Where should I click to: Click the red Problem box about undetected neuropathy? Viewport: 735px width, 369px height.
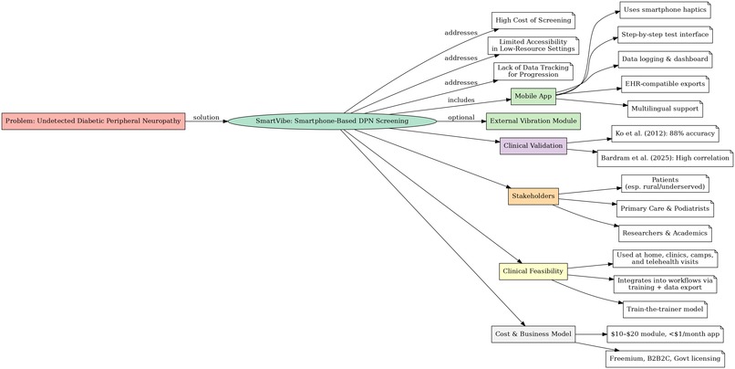(x=93, y=121)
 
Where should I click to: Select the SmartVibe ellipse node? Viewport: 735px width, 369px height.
(x=332, y=121)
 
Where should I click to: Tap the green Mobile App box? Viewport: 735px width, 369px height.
(x=533, y=97)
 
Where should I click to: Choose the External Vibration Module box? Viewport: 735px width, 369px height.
(x=533, y=121)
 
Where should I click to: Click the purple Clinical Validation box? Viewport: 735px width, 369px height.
(x=533, y=145)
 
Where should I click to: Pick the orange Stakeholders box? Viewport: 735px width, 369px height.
(x=533, y=196)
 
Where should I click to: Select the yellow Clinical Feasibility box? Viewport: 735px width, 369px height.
(x=533, y=271)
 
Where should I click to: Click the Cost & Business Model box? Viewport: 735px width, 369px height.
(x=533, y=334)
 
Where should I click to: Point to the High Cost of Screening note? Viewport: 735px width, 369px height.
(x=533, y=21)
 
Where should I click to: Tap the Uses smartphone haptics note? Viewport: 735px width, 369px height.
(x=665, y=10)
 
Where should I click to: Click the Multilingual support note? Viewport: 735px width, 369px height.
(x=665, y=109)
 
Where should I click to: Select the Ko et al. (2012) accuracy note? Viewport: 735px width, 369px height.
(x=665, y=133)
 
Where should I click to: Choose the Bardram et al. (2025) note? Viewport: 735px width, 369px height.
(x=665, y=158)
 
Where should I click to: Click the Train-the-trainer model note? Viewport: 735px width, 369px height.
(x=665, y=310)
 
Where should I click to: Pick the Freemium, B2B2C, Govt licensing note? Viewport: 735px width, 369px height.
(x=665, y=359)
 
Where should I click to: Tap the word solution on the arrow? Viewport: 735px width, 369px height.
(x=206, y=117)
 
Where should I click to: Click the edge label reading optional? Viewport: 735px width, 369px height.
(x=461, y=117)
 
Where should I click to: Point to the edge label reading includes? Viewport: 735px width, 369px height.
(x=461, y=100)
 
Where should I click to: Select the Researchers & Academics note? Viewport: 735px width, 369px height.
(x=665, y=233)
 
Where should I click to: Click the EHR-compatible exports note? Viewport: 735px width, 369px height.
(x=665, y=84)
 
